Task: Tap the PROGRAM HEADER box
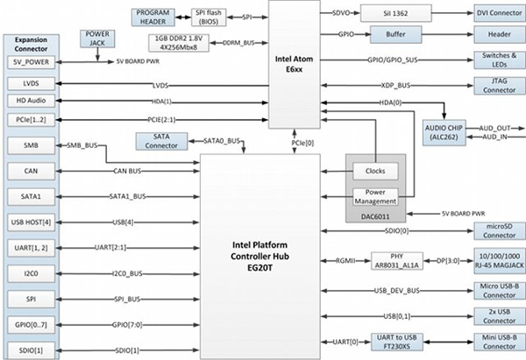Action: (x=154, y=18)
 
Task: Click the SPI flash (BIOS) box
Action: (x=206, y=18)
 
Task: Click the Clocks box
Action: (x=368, y=170)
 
